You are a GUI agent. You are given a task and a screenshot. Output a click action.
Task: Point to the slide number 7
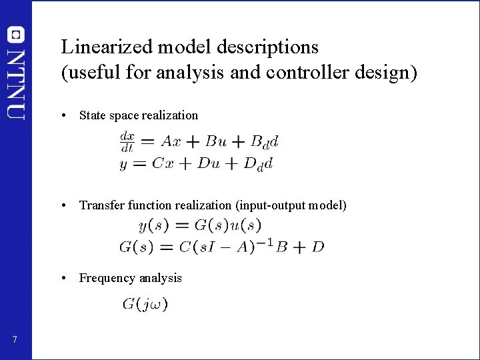[15, 341]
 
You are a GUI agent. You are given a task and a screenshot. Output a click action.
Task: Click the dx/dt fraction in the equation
[127, 141]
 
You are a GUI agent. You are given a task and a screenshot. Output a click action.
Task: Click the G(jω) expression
[145, 305]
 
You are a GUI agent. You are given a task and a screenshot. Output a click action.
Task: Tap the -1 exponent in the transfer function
[265, 242]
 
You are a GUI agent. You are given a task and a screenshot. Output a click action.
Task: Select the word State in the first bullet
[91, 115]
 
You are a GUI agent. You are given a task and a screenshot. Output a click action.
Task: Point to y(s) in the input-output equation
[153, 226]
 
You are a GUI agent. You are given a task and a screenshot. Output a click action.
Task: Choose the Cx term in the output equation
[163, 164]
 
